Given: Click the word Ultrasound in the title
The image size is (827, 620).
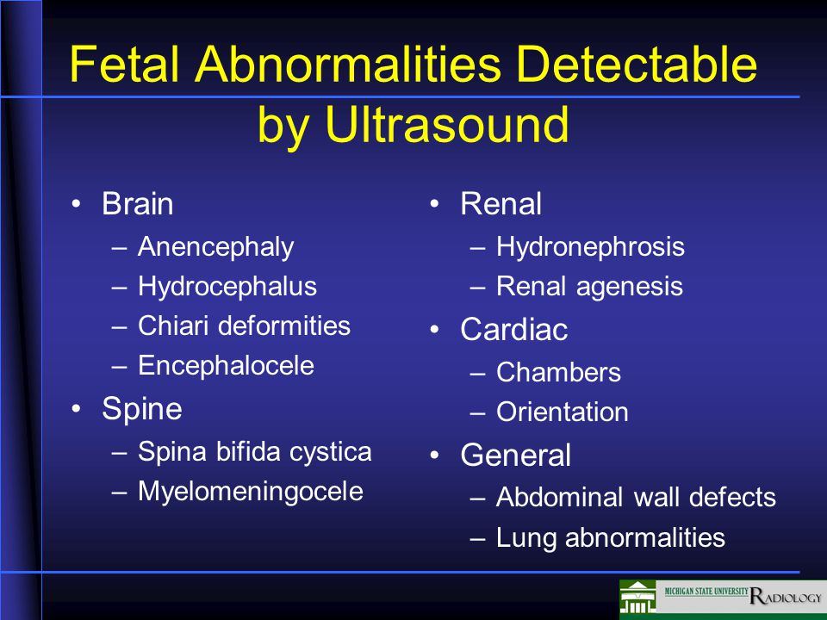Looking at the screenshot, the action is pos(447,124).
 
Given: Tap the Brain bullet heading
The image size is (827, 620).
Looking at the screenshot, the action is pos(138,203).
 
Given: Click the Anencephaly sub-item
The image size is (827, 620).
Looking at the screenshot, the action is pos(215,248).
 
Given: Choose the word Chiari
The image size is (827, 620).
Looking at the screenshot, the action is pos(173,325).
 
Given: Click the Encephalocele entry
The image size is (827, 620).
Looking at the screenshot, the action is pos(227,365).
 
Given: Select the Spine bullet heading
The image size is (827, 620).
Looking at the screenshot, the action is pos(142,410).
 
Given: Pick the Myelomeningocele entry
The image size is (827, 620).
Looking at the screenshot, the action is pos(251,493).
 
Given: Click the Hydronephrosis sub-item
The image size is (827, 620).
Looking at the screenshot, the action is pos(590,248).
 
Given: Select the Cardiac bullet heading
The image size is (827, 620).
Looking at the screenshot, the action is pos(513,330).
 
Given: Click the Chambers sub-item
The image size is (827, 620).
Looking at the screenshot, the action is pos(558,372).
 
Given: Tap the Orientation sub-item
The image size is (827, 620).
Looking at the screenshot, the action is pos(563,412).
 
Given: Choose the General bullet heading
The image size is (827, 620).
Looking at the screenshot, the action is pos(515,455).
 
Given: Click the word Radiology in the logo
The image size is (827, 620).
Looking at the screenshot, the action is pos(786,596).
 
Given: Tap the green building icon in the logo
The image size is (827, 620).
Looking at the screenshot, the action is pos(637,598).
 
